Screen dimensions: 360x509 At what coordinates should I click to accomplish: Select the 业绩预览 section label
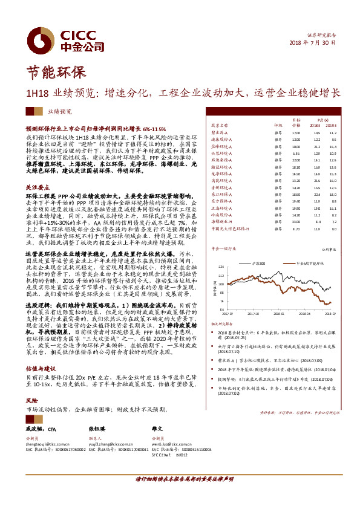pos(60,112)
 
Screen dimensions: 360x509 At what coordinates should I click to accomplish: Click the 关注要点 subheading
pos(37,188)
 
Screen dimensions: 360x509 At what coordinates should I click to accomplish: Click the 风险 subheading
pos(31,400)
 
